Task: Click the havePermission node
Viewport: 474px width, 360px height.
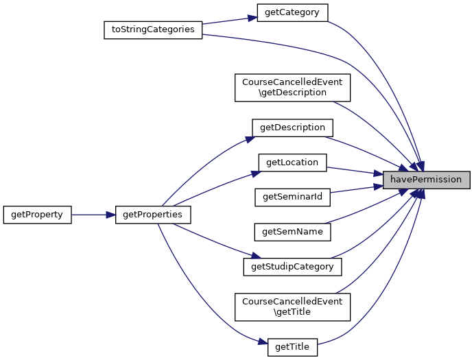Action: coord(426,180)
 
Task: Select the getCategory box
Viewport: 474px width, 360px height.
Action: coord(292,12)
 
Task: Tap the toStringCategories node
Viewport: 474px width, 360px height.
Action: coord(153,30)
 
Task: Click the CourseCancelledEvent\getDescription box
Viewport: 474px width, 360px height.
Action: coord(293,87)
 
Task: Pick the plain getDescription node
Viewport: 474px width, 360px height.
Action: coord(293,128)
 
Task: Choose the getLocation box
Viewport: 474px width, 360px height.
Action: coord(292,163)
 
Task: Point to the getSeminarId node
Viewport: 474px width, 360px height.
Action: coord(293,197)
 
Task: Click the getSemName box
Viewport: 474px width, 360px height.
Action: coord(293,232)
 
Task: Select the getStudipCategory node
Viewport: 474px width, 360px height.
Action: coord(293,266)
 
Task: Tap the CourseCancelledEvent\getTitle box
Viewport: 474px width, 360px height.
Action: coord(293,307)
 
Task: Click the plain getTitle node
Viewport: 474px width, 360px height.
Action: coord(292,347)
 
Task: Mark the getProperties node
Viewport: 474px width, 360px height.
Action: coord(152,215)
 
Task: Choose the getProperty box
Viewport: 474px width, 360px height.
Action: coord(37,215)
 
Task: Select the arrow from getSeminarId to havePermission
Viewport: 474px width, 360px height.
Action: coord(356,189)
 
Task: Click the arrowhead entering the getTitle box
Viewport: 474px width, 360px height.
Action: coord(262,341)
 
